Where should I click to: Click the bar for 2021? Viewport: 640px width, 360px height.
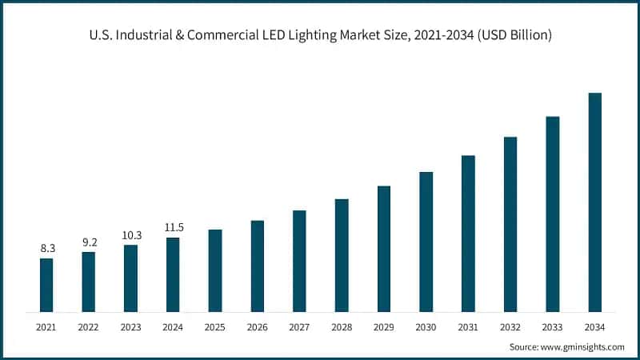coord(46,285)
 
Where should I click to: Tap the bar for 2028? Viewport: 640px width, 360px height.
coord(342,255)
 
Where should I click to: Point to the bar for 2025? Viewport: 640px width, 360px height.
coord(215,270)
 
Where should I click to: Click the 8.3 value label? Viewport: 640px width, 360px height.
coord(46,249)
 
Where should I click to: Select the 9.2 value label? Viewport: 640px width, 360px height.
coord(89,242)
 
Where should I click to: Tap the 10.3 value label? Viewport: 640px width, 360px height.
coord(130,235)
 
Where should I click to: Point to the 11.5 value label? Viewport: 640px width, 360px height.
coord(173,227)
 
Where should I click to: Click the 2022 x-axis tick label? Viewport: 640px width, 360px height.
coord(89,326)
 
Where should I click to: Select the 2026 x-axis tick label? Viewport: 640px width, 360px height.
coord(257,326)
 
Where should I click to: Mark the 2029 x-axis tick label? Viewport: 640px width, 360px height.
coord(384,326)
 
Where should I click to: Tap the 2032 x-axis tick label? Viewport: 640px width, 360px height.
coord(510,326)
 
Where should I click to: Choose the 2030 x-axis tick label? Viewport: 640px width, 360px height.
coord(426,326)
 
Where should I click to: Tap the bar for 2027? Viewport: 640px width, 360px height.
coord(299,261)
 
